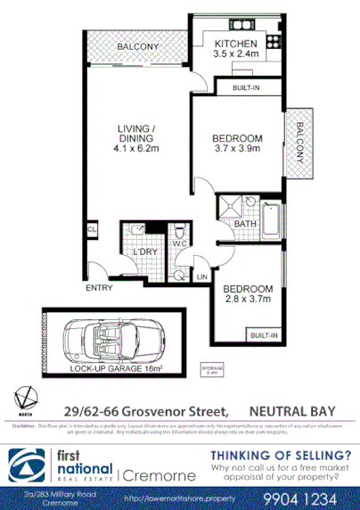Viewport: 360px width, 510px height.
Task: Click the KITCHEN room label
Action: tap(235, 43)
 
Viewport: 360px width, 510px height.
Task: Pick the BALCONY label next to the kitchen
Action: tap(136, 46)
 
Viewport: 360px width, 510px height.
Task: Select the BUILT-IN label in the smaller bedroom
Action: tap(264, 334)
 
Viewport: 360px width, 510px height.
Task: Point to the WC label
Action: tap(177, 243)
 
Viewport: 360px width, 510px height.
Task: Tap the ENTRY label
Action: tap(100, 288)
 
